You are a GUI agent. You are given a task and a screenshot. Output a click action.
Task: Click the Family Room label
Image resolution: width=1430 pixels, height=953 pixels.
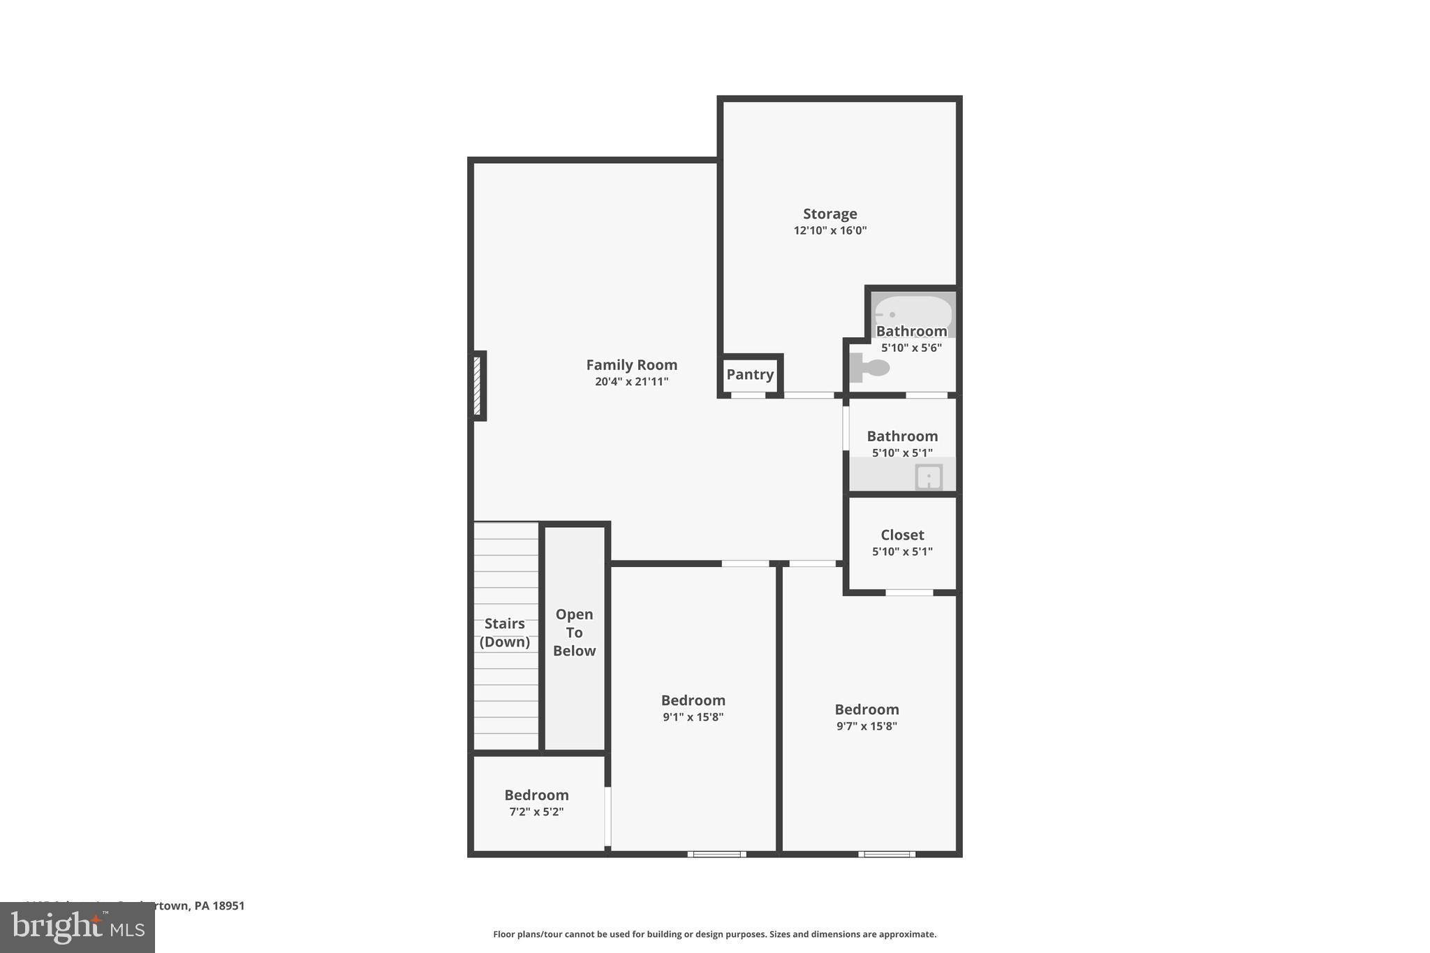point(631,364)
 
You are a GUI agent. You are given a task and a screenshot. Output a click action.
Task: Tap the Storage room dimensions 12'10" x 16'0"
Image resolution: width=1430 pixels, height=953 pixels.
point(830,230)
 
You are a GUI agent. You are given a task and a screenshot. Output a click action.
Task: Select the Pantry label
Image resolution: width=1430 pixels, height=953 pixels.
point(750,374)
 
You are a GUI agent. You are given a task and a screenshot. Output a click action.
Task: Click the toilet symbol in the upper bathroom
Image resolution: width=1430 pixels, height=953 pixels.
point(869,367)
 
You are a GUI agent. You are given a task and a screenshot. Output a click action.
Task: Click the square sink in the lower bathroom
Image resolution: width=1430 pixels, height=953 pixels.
point(929,478)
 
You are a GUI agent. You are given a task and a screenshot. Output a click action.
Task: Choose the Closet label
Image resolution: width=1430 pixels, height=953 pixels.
point(902,535)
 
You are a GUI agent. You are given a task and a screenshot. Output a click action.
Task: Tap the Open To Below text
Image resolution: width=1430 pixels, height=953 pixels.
point(574,633)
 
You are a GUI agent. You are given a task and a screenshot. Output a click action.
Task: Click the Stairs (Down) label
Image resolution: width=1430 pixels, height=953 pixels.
point(504,633)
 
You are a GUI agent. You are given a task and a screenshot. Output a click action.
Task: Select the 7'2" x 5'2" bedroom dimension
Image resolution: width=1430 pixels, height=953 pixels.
point(536,812)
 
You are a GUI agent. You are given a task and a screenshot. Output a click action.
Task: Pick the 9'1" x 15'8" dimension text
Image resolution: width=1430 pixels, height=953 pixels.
point(693,717)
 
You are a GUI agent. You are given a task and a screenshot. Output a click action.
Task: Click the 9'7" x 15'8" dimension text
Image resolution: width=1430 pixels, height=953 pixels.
point(867,726)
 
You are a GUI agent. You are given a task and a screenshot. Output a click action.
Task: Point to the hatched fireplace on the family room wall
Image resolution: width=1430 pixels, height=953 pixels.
point(478,385)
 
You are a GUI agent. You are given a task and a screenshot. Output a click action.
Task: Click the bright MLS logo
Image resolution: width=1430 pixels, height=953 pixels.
point(78,927)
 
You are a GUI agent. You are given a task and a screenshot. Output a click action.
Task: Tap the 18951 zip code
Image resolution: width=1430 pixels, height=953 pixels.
point(229,906)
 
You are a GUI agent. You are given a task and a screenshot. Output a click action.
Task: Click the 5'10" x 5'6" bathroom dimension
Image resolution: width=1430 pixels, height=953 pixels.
point(911,348)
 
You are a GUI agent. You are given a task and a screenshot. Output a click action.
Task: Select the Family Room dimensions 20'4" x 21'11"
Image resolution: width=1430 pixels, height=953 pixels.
point(631,382)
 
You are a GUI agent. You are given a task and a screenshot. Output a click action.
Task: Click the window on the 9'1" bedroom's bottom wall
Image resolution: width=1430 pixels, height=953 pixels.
point(716,854)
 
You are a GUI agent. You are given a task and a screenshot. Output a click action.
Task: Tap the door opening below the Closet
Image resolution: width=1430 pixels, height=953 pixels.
point(909,593)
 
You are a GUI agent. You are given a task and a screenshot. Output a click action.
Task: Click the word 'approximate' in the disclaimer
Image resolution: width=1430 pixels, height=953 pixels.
point(907,934)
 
